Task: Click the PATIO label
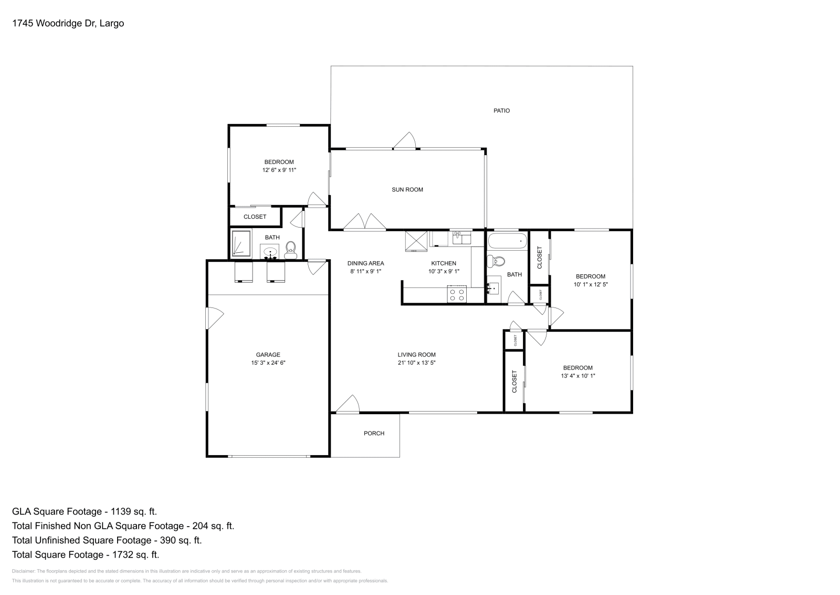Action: (501, 110)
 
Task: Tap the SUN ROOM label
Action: (407, 190)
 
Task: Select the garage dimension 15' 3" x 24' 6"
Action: (268, 363)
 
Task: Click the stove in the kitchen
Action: (456, 293)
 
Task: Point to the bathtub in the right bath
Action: (507, 242)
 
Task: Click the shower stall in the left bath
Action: (241, 243)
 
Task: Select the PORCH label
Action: (374, 433)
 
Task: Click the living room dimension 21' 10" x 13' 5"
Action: (416, 363)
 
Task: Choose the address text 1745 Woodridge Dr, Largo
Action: (68, 23)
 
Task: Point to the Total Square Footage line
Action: (85, 554)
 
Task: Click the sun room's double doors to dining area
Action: (365, 222)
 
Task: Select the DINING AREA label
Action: (365, 263)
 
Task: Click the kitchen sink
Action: (461, 238)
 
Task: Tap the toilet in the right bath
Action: (496, 261)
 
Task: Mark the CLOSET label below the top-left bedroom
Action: (255, 217)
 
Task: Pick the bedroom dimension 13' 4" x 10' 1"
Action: (577, 376)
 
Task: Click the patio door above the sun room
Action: (405, 140)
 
